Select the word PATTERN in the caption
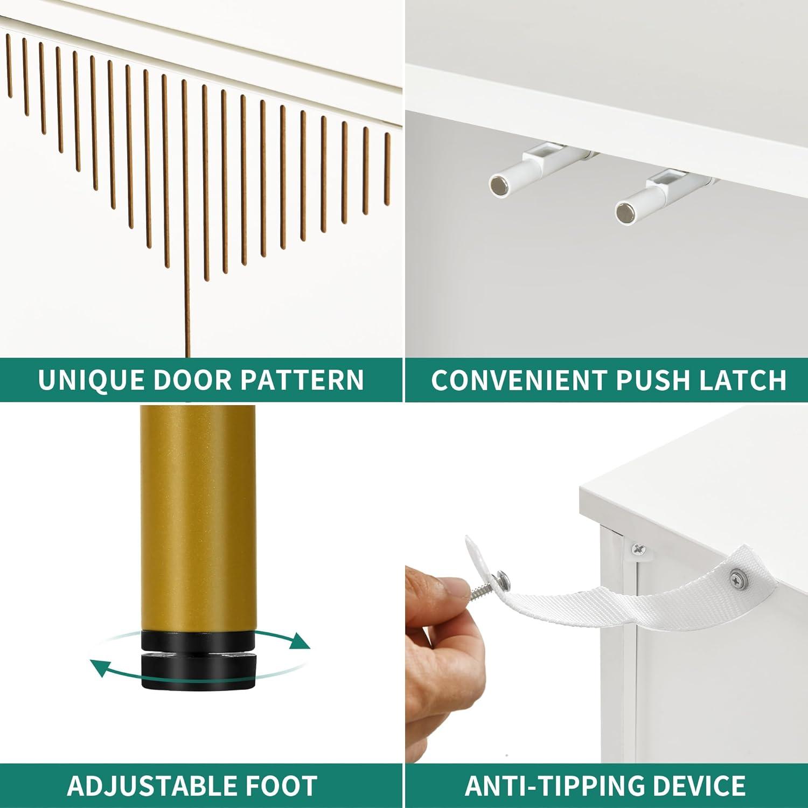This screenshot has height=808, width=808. tap(302, 380)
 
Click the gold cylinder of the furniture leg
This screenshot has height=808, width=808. tap(198, 517)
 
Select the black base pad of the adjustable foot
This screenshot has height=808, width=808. tap(198, 671)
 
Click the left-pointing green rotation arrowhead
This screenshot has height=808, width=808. tap(100, 668)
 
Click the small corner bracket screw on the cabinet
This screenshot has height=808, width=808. tap(639, 549)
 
